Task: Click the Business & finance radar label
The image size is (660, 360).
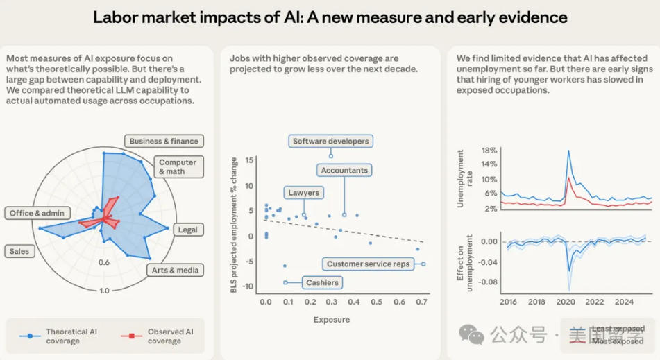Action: (164, 141)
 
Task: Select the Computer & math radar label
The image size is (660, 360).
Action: (178, 166)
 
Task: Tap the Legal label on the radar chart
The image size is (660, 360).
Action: (187, 230)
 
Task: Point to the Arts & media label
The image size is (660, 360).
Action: (174, 270)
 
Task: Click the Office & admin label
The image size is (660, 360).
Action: (37, 213)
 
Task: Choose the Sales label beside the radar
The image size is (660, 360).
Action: (19, 250)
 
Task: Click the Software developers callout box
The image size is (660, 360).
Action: (330, 141)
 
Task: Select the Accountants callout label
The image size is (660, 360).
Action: (344, 170)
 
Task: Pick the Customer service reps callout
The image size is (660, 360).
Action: (369, 264)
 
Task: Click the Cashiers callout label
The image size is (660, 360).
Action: (323, 282)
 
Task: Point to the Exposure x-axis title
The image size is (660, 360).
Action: (332, 320)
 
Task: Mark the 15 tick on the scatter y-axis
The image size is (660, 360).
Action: (250, 160)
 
